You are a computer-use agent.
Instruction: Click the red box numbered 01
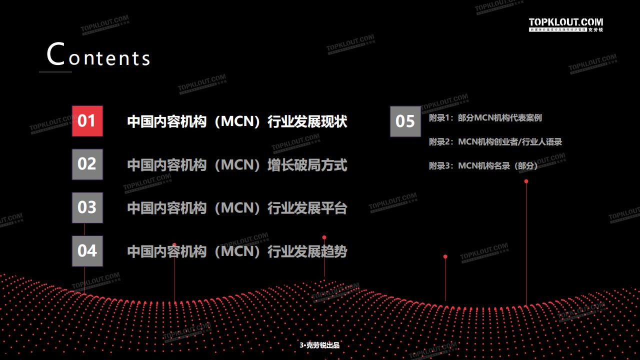87,121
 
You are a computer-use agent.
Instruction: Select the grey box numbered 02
87,164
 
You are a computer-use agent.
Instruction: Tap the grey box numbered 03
87,207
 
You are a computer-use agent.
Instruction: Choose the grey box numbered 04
87,251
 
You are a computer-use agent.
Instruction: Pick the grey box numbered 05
405,121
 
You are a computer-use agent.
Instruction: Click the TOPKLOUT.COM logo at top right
566,24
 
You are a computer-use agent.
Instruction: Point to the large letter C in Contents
56,54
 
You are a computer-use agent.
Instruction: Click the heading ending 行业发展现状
237,121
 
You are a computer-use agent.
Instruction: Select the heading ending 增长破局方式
237,165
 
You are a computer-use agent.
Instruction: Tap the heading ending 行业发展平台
237,208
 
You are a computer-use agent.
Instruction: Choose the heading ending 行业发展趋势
237,251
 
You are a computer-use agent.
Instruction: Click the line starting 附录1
485,118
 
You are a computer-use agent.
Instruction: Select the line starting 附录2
495,142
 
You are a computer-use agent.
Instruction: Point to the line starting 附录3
483,166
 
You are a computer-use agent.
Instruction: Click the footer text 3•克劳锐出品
319,345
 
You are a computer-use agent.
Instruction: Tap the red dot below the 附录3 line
526,181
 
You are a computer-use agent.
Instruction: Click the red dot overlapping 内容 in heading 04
174,245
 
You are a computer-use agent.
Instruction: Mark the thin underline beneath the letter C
55,72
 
